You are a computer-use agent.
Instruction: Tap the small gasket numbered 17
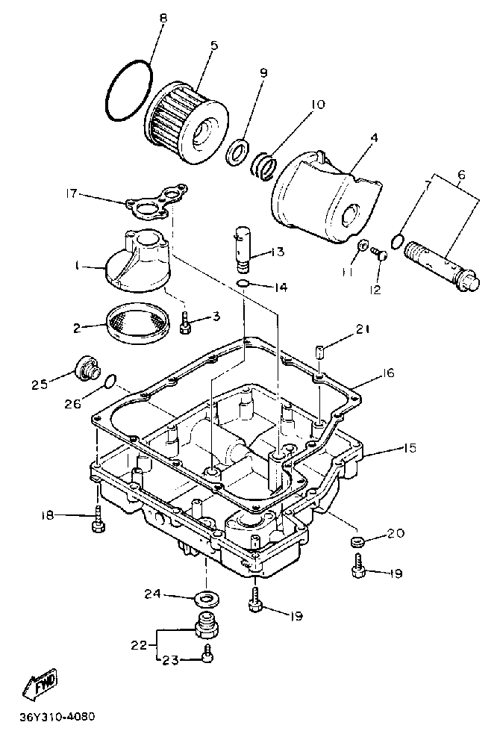click(154, 202)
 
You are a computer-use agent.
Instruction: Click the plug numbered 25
click(85, 369)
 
